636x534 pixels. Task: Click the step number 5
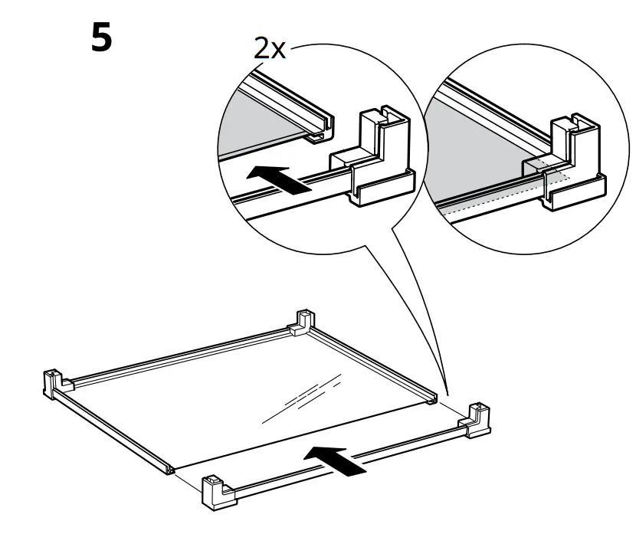tap(101, 38)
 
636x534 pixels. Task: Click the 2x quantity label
tap(271, 51)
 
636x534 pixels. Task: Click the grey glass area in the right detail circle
tap(475, 146)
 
